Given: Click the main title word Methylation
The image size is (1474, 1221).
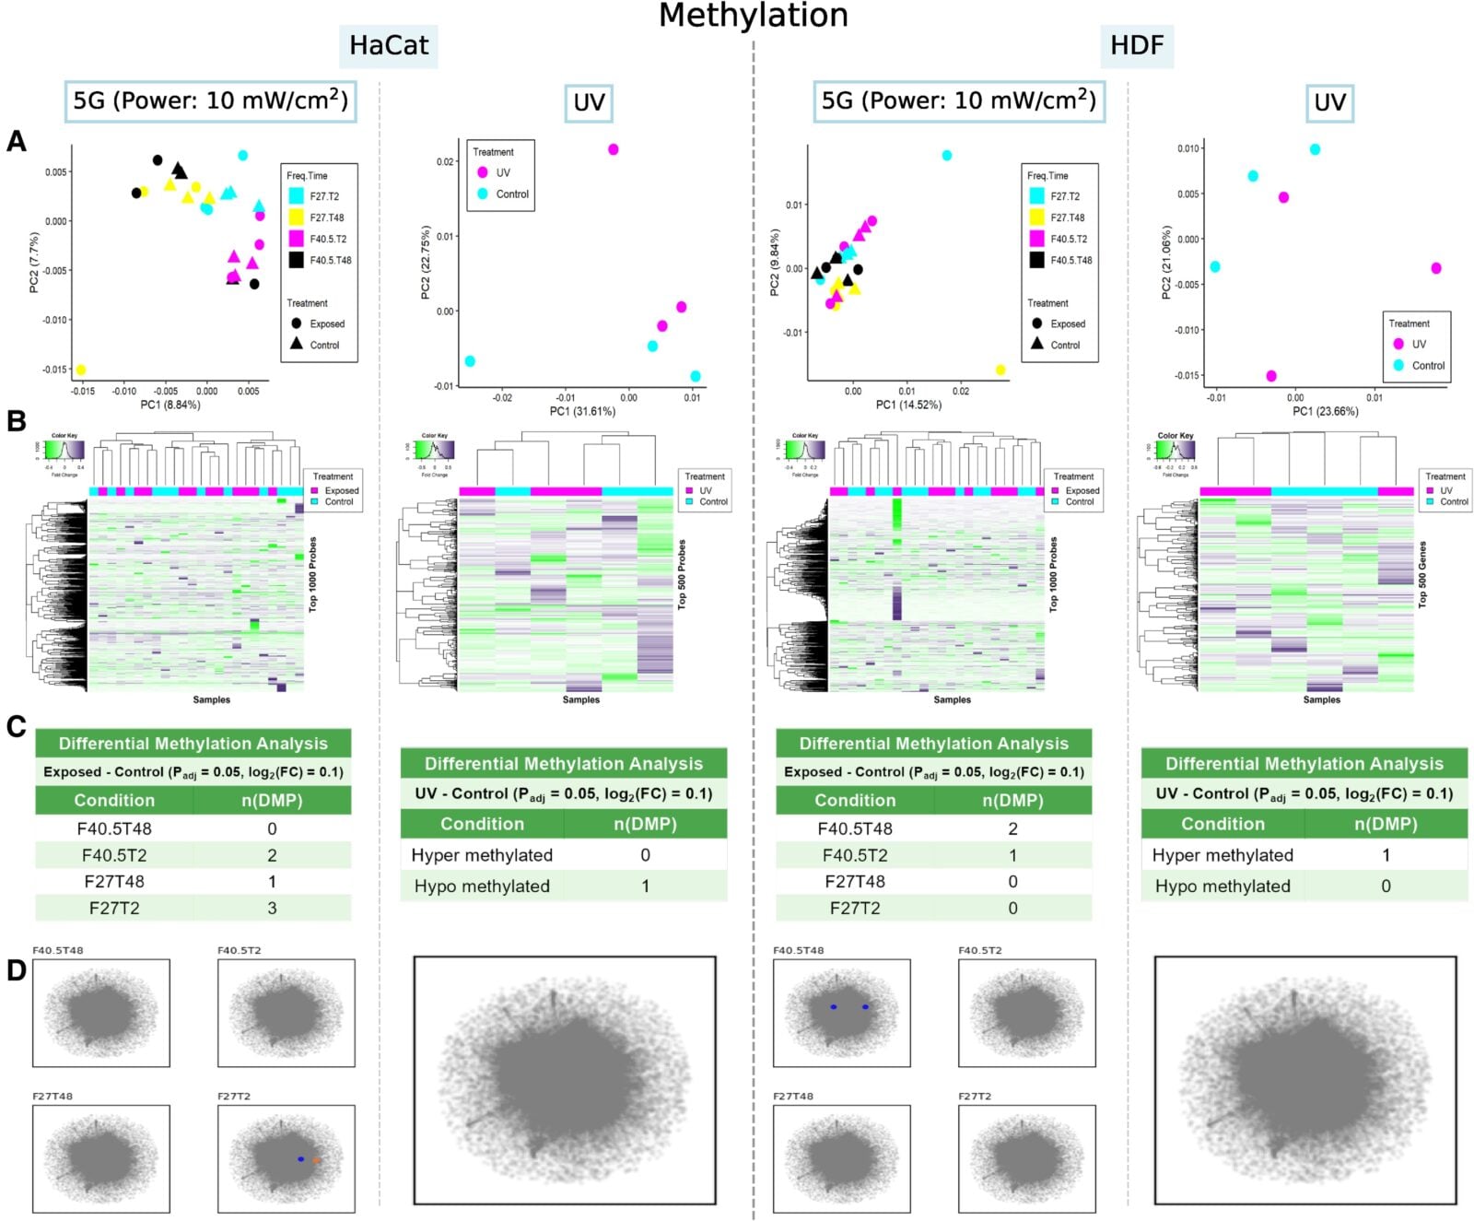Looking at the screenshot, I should coord(753,16).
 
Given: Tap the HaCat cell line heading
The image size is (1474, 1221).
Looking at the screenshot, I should coord(388,45).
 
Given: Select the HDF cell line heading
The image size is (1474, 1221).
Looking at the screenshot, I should coord(1136,45).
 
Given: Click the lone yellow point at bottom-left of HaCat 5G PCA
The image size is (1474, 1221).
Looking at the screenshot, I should coord(81,370).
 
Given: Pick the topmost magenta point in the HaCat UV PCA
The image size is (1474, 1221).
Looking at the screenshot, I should coord(614,149).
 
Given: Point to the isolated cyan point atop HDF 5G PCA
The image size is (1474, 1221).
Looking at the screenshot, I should coord(947,156).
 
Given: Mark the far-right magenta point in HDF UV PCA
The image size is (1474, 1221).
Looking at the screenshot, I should coord(1436,268).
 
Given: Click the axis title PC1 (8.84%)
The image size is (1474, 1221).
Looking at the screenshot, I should coord(170,405).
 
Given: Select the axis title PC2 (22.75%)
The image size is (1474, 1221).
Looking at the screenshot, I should coord(426,263).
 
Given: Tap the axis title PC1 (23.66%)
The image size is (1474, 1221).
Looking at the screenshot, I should coord(1325,411).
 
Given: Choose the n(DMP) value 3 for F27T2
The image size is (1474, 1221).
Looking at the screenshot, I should coord(272,908).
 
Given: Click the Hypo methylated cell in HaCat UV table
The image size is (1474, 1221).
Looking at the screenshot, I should coord(482,886).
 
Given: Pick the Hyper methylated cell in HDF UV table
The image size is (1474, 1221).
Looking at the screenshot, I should coord(1222,855).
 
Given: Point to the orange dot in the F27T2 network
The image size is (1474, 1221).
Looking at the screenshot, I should coord(317,1161).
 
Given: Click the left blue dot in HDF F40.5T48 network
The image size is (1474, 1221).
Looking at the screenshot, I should coord(833,1007).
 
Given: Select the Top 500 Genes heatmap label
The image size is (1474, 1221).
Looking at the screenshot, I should coord(1422,574).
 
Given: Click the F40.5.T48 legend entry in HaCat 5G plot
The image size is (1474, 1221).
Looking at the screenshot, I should coord(330,261).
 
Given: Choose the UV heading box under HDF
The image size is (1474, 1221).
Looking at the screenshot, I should coord(1328,102).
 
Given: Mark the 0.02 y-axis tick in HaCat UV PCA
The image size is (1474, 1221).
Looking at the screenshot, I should coord(445,161).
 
